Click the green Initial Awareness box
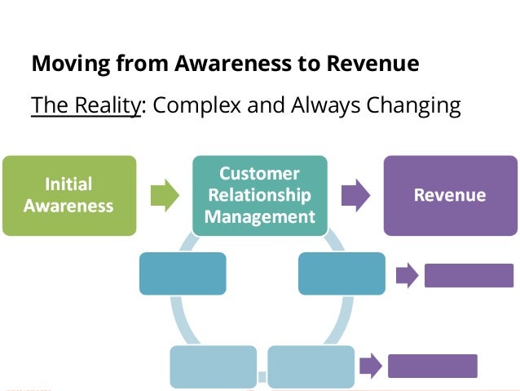click(68, 195)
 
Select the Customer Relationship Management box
click(259, 195)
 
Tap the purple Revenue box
click(449, 195)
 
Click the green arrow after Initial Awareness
click(165, 195)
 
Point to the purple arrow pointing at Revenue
click(355, 195)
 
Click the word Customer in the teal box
click(259, 173)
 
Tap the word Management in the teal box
click(259, 216)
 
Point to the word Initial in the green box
click(68, 184)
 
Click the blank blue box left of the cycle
click(182, 273)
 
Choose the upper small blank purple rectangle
click(469, 276)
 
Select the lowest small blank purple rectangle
click(432, 366)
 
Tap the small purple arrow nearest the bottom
click(369, 366)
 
